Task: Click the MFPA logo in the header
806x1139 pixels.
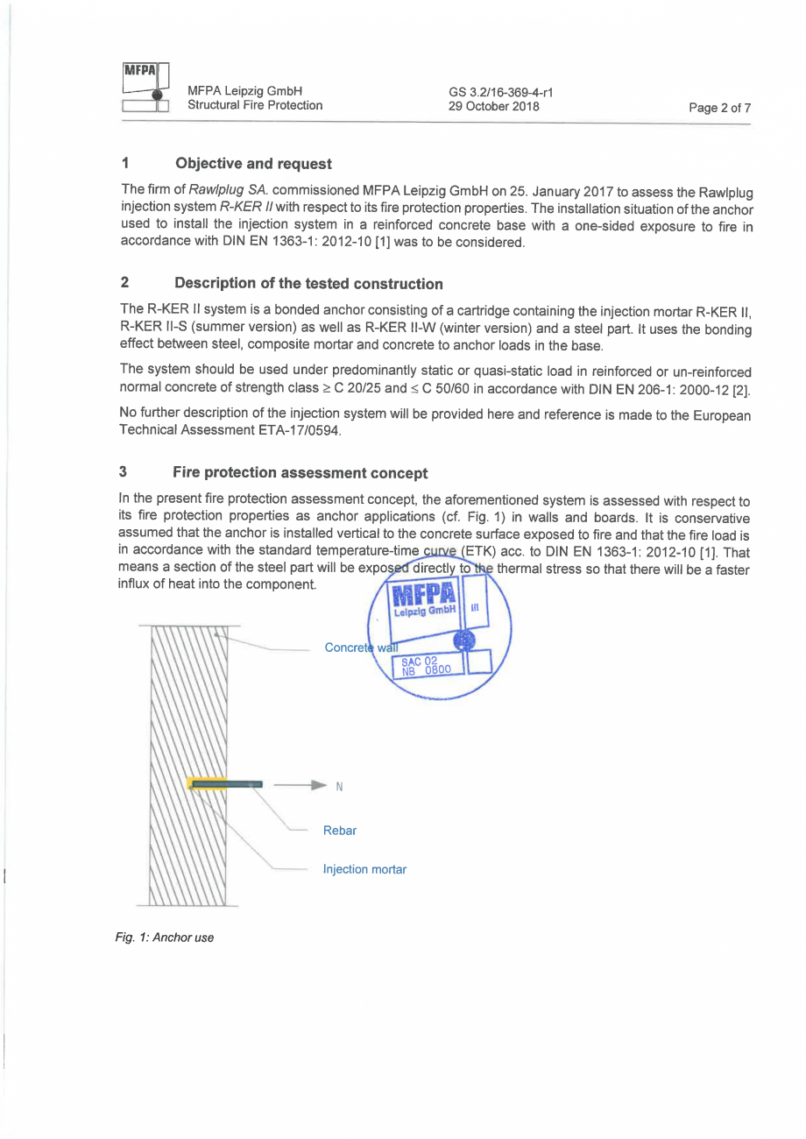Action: [145, 88]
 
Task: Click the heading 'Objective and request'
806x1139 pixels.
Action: [253, 163]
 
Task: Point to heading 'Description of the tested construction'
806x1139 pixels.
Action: [308, 283]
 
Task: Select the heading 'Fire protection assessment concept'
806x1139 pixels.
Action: [300, 472]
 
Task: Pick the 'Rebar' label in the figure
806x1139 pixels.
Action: [339, 830]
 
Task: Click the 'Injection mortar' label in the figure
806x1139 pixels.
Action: [364, 870]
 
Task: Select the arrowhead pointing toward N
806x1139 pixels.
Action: [322, 784]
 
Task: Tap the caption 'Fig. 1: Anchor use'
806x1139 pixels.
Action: [165, 937]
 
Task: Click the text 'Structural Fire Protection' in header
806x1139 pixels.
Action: [254, 106]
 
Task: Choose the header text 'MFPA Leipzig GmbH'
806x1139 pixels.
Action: [244, 90]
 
